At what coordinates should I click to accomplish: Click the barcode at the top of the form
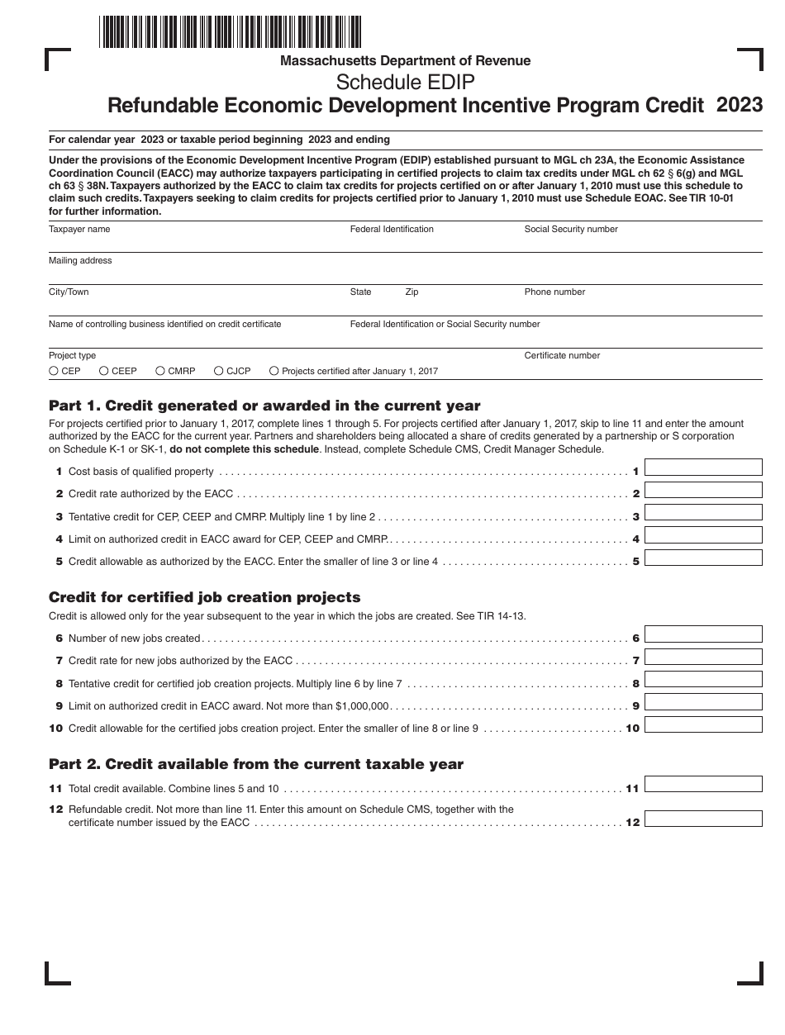[x=230, y=31]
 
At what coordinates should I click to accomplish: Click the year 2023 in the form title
[x=740, y=105]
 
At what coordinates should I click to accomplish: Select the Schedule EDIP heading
[x=405, y=82]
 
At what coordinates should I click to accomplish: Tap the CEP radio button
[x=54, y=372]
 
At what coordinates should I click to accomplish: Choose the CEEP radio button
[x=104, y=372]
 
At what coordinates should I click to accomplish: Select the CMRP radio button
[x=160, y=372]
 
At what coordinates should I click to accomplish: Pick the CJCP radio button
[x=219, y=372]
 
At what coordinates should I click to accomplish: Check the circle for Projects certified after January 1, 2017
[x=274, y=372]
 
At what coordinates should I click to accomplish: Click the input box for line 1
[x=703, y=468]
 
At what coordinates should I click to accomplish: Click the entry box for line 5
[x=703, y=558]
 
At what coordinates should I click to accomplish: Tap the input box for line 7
[x=703, y=657]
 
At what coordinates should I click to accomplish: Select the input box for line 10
[x=703, y=724]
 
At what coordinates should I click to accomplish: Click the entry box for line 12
[x=703, y=819]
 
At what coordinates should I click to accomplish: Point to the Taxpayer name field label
[x=79, y=229]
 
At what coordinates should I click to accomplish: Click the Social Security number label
[x=571, y=229]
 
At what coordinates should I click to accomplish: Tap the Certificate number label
[x=562, y=355]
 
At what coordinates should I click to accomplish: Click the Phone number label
[x=554, y=292]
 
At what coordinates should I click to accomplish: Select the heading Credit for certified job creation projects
[x=205, y=597]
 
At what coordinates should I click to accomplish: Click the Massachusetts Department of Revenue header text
[x=405, y=60]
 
